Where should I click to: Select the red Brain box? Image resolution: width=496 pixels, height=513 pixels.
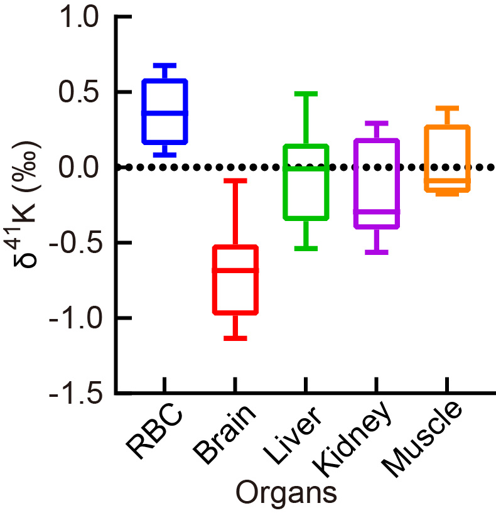[x=235, y=279]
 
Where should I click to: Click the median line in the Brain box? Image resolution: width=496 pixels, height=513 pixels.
[x=235, y=270]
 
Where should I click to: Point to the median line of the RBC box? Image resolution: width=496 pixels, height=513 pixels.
[x=164, y=113]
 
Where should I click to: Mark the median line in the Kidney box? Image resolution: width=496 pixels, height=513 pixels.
[x=377, y=212]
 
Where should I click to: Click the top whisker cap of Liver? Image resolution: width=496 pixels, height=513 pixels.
[x=306, y=94]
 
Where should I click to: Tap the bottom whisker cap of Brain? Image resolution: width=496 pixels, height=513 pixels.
[x=235, y=338]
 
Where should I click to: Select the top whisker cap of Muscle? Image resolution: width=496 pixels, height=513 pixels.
[x=447, y=108]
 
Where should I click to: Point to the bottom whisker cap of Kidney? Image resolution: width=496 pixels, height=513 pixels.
[x=377, y=252]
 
